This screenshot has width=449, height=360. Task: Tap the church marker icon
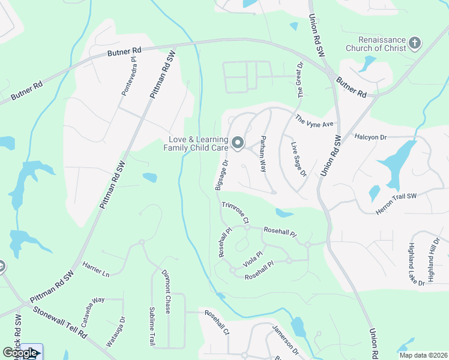[x=415, y=43]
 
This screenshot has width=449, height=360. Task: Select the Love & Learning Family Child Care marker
[x=238, y=142]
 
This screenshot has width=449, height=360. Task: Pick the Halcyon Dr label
[x=370, y=137]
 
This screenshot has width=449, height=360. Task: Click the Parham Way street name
[x=262, y=154]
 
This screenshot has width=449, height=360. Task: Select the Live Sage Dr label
[x=298, y=160]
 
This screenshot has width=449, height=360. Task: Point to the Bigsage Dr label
[x=220, y=175]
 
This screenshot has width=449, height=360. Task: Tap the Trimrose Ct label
[x=235, y=213]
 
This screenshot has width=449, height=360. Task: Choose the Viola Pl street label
[x=252, y=259]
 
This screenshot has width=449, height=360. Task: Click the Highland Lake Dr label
[x=415, y=263]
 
